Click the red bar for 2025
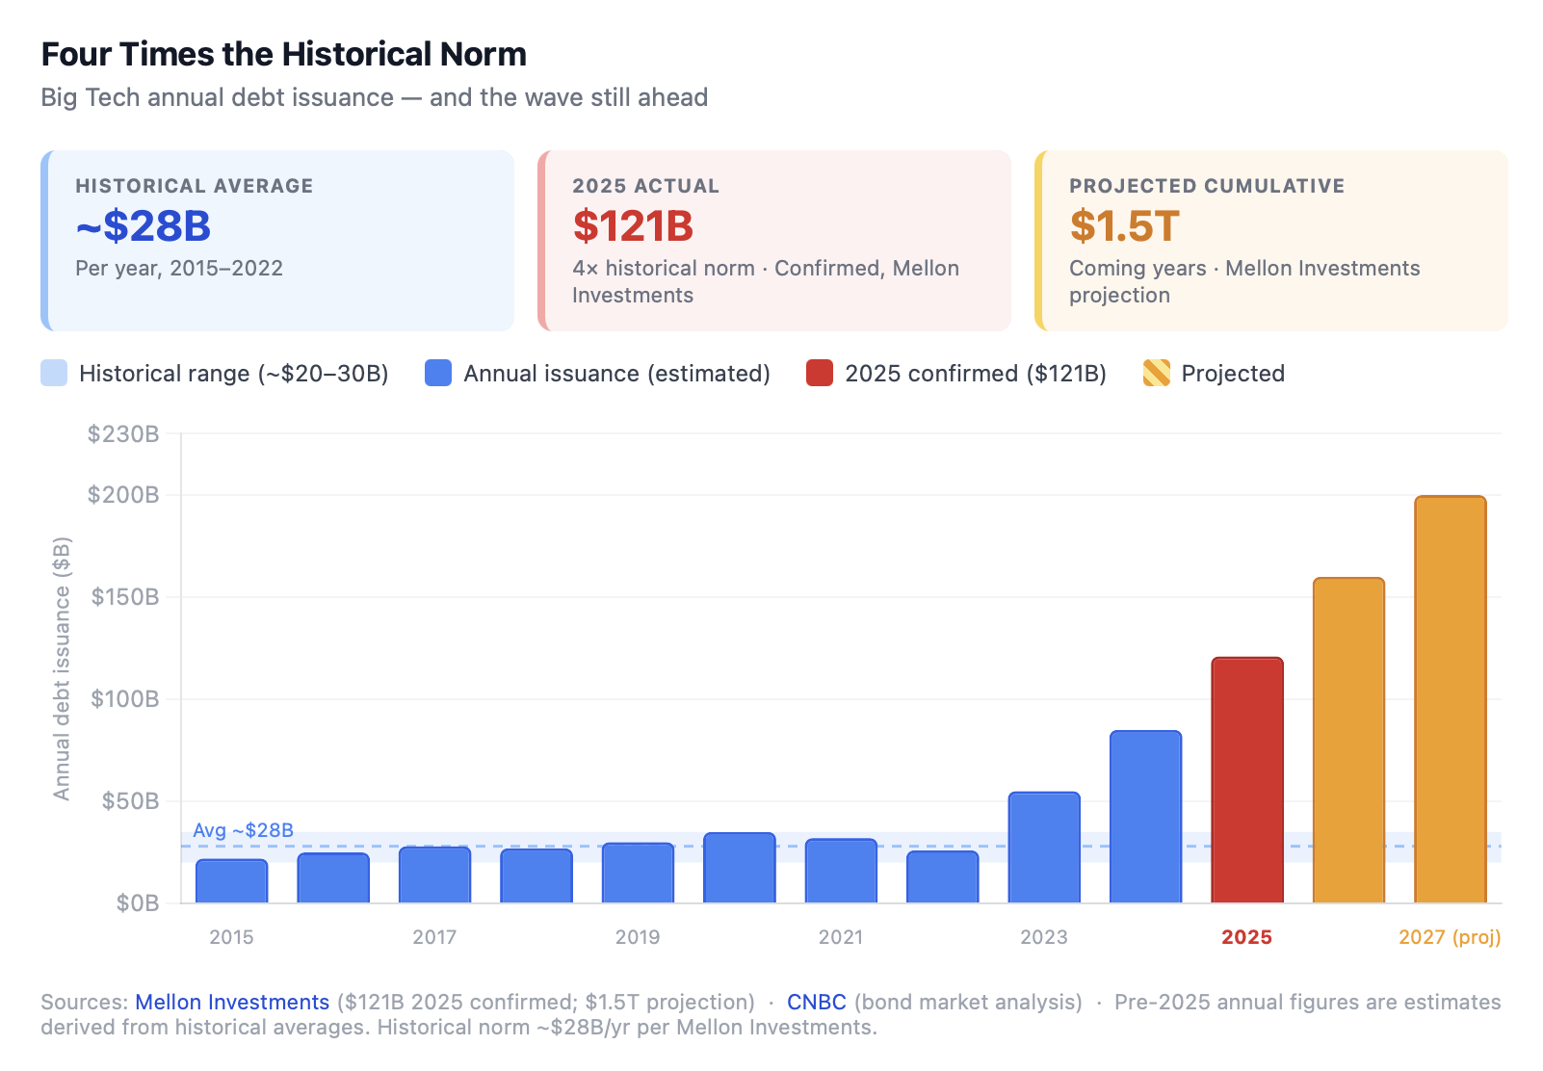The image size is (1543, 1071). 1246,780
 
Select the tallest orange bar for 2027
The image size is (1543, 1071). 1450,699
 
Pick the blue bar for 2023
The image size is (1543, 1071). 1044,848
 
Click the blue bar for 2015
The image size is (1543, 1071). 231,881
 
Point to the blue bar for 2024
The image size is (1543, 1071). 1145,817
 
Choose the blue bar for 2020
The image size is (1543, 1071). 739,868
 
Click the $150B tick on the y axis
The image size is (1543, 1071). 124,597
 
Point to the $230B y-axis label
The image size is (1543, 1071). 122,434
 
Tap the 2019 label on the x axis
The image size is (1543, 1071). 637,937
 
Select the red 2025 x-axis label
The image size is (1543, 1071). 1246,937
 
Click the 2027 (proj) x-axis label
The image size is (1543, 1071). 1449,937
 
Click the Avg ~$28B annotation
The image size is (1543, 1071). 243,830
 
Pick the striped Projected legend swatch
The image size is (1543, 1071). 1156,373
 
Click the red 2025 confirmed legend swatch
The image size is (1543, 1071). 819,373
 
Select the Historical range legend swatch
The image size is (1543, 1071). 54,373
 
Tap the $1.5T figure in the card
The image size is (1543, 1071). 1124,226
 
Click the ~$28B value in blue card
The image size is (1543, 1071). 143,226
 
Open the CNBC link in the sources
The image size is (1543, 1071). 816,1002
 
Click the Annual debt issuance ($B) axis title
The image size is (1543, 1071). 62,668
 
